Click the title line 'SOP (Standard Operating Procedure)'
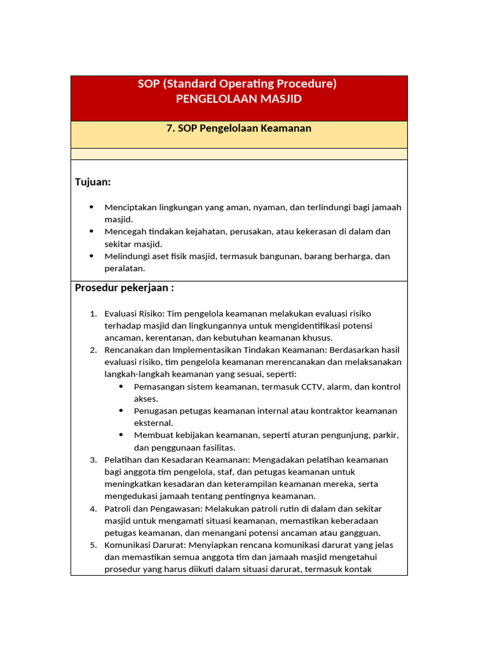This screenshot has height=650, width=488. coord(237,84)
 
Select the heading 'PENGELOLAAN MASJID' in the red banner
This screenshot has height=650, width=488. coord(238,99)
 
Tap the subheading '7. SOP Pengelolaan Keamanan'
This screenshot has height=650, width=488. coord(238,128)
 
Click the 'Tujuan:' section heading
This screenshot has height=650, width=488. coord(93,182)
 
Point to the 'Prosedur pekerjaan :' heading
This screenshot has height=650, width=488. coord(125,288)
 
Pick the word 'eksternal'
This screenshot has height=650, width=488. coord(153,423)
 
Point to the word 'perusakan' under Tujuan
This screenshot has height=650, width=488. coord(246,232)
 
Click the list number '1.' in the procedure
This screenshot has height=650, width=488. coord(93,314)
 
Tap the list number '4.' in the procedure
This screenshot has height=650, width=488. coord(93,508)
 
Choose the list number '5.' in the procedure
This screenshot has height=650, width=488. coord(93,545)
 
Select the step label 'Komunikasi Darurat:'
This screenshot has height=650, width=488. coord(145,545)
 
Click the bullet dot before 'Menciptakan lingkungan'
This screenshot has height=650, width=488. coord(91,208)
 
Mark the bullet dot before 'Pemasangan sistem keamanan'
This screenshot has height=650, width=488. coord(121,387)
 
